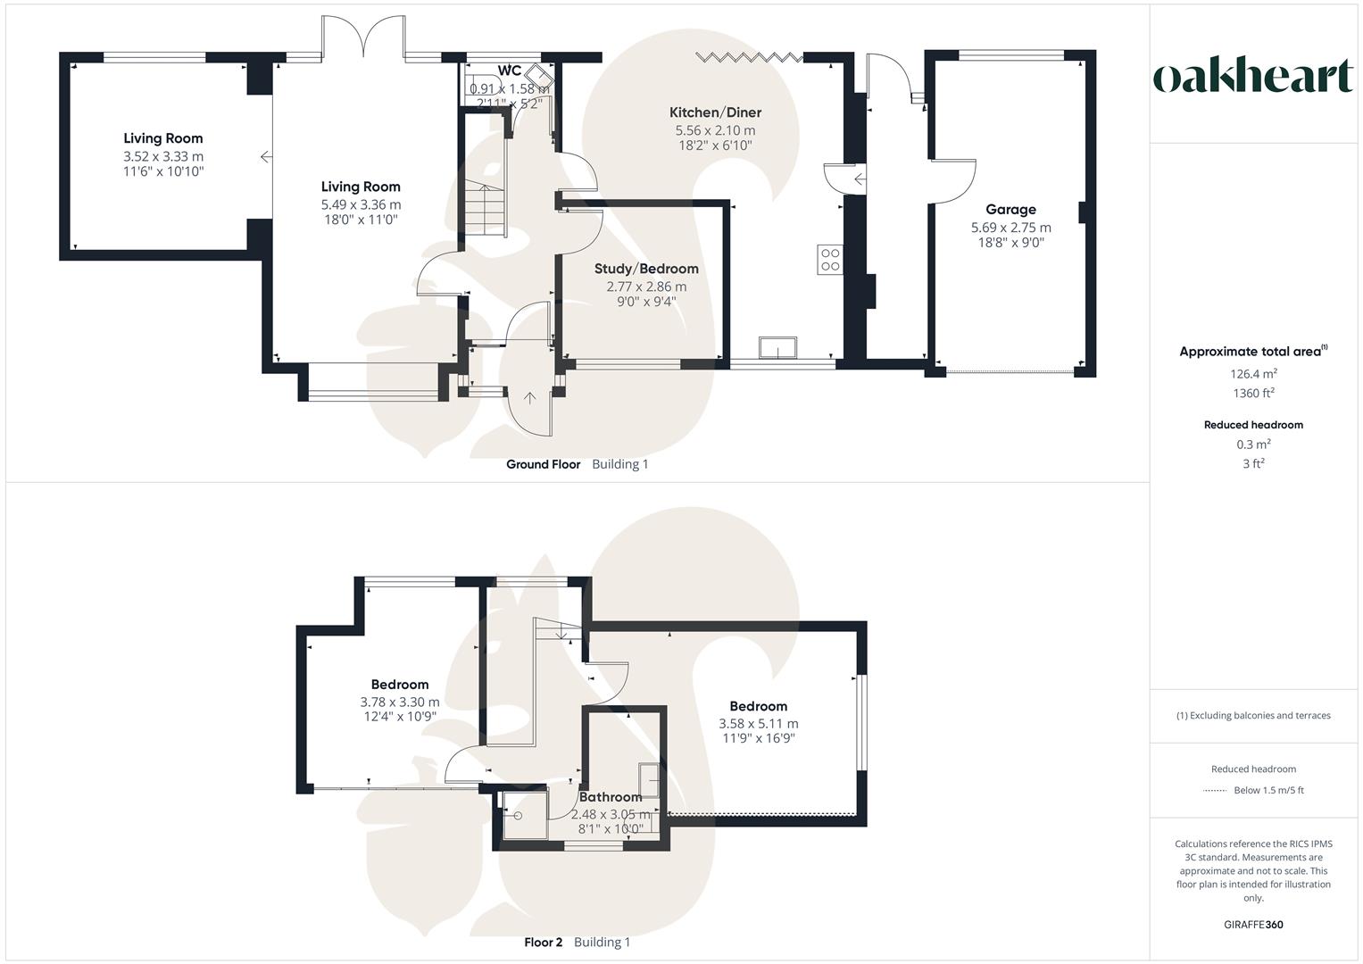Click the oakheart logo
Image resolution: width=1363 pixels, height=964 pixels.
pos(1253,77)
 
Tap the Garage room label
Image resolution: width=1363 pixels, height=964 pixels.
pos(1010,210)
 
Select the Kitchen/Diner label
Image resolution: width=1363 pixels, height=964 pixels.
pos(715,112)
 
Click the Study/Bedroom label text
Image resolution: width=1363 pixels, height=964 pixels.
pos(646,269)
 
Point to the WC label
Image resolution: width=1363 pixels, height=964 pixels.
pos(510,71)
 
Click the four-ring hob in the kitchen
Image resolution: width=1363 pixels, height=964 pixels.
pos(830,260)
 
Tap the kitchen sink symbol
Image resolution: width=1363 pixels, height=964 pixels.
pos(777,347)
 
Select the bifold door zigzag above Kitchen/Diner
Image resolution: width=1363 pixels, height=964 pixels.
pos(749,58)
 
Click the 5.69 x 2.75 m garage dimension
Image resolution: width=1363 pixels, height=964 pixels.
pos(1010,228)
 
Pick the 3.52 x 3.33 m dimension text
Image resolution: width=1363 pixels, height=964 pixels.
pos(163,156)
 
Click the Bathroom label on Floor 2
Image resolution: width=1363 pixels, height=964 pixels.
pos(611,797)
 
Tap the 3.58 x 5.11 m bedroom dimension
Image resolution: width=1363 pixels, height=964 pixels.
pos(759,724)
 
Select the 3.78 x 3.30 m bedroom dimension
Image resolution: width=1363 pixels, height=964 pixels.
pos(400,702)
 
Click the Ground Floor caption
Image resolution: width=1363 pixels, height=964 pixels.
pos(543,464)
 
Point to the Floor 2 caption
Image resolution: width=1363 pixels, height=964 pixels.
pos(543,943)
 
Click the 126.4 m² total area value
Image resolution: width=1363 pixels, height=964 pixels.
pos(1253,374)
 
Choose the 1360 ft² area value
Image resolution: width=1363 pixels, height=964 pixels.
pos(1253,394)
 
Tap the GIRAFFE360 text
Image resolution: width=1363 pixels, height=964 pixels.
pos(1253,925)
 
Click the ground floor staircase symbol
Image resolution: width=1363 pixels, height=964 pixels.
pos(482,209)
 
